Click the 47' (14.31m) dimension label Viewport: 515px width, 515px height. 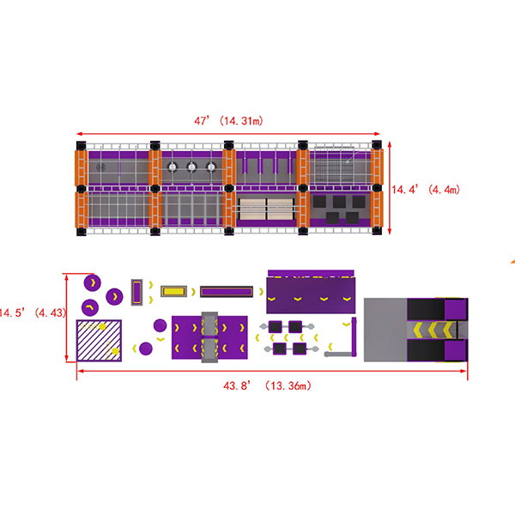(228, 121)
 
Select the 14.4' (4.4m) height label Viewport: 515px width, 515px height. (426, 190)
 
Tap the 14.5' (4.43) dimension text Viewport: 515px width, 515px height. (33, 312)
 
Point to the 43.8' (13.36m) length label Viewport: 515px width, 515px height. (267, 385)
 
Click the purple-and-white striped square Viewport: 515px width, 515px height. (99, 341)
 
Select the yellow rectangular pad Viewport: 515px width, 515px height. (173, 291)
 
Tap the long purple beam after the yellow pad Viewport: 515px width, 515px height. (227, 291)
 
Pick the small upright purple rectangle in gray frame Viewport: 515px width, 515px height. (136, 292)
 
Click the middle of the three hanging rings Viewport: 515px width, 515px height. (191, 167)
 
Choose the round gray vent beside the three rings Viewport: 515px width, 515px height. (101, 167)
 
